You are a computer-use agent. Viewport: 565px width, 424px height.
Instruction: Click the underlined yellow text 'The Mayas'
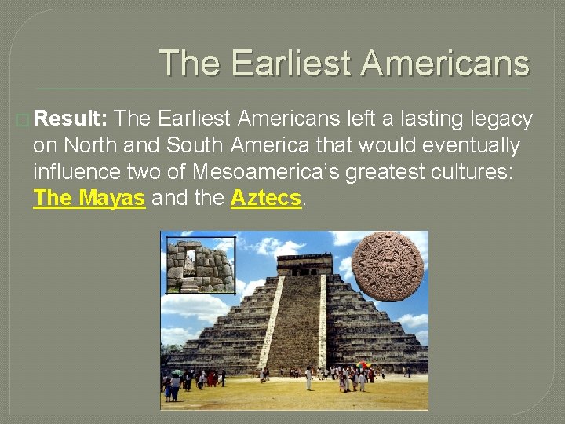(89, 198)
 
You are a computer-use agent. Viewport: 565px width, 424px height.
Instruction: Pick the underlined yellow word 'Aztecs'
(266, 198)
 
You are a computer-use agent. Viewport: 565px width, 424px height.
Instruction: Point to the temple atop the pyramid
(293, 264)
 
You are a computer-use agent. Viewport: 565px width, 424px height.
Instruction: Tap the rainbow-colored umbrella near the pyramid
(363, 365)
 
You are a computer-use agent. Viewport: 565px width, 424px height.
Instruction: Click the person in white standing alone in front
(308, 378)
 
